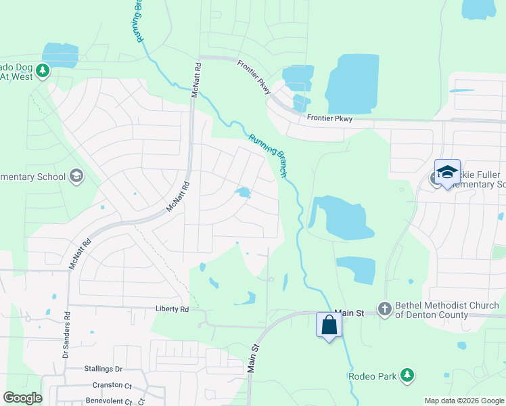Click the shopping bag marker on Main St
329,325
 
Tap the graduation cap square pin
447,172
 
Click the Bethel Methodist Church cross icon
384,309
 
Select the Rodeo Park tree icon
407,375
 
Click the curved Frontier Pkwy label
254,77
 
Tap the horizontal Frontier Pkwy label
329,118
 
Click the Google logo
22,398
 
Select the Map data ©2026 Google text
464,401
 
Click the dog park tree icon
43,70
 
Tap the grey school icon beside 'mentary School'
76,177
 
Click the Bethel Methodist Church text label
440,311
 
